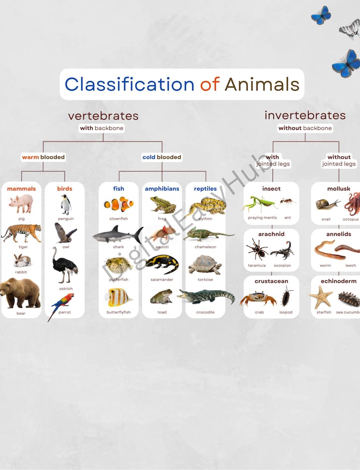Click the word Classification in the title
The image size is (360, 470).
tap(129, 84)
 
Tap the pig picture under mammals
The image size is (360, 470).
tap(21, 203)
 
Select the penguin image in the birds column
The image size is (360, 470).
tap(66, 205)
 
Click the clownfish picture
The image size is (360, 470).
tap(119, 205)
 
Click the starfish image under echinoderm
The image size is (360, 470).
tap(321, 297)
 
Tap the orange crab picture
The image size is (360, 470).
tap(258, 298)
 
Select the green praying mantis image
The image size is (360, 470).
tap(259, 204)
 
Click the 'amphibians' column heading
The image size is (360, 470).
tap(162, 189)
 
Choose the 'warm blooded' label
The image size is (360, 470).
tap(44, 157)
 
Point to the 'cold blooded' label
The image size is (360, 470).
tap(162, 157)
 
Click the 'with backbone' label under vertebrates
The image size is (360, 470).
tap(102, 128)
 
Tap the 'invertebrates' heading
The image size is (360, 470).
tap(305, 115)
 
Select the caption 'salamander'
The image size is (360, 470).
tap(162, 280)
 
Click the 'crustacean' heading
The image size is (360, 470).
tap(271, 281)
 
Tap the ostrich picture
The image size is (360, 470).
tap(64, 265)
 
